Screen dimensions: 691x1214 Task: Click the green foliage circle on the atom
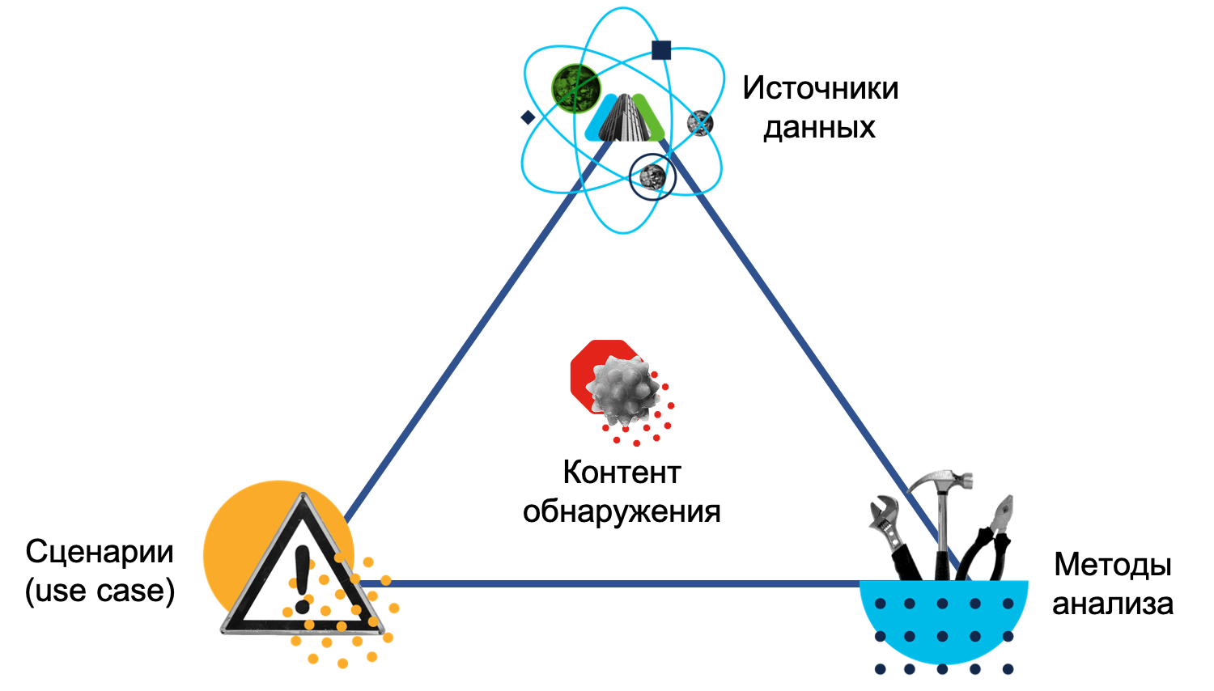[x=576, y=88]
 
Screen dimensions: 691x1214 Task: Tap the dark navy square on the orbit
[x=661, y=50]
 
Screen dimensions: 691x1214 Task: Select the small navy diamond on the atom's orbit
[x=528, y=117]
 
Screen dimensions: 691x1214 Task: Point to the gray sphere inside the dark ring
[x=652, y=175]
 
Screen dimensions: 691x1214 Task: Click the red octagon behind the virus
[x=584, y=364]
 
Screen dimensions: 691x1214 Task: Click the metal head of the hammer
[x=943, y=479]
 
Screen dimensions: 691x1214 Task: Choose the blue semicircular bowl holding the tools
[x=944, y=623]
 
